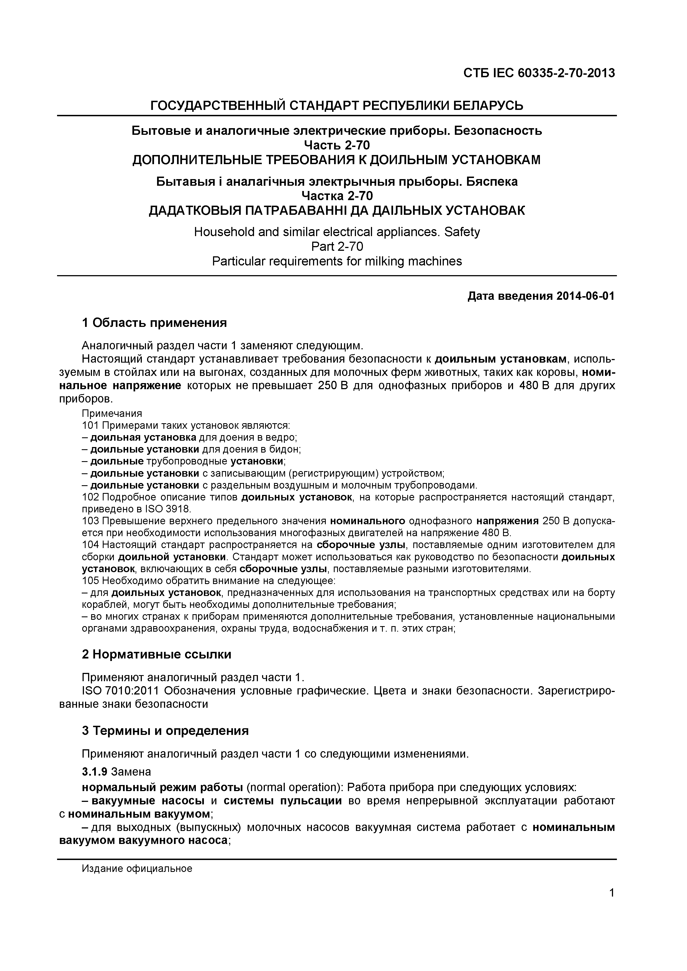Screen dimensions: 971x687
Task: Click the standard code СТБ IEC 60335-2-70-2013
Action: [x=539, y=73]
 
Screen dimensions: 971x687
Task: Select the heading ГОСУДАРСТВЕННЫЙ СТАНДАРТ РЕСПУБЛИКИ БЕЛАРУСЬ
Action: [x=337, y=105]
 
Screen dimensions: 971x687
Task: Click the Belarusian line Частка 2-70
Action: [x=337, y=196]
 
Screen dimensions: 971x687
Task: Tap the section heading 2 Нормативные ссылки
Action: [x=156, y=655]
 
